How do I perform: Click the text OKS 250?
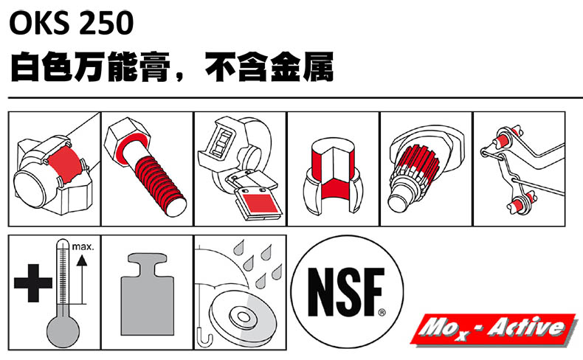click(x=71, y=23)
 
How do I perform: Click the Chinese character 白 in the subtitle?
click(x=25, y=67)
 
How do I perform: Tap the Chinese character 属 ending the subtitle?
click(x=318, y=67)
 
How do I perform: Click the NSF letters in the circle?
click(x=345, y=292)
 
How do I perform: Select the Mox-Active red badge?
click(x=494, y=328)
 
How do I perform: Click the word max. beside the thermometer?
click(x=83, y=246)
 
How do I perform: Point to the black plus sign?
click(x=32, y=283)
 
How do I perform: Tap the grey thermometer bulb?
click(x=63, y=331)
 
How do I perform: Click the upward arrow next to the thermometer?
click(x=82, y=279)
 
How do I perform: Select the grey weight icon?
click(x=148, y=294)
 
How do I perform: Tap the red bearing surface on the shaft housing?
click(x=64, y=165)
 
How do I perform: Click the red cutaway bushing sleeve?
click(x=333, y=172)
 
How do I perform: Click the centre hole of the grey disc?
click(x=243, y=317)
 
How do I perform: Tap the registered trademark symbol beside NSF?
click(x=382, y=313)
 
